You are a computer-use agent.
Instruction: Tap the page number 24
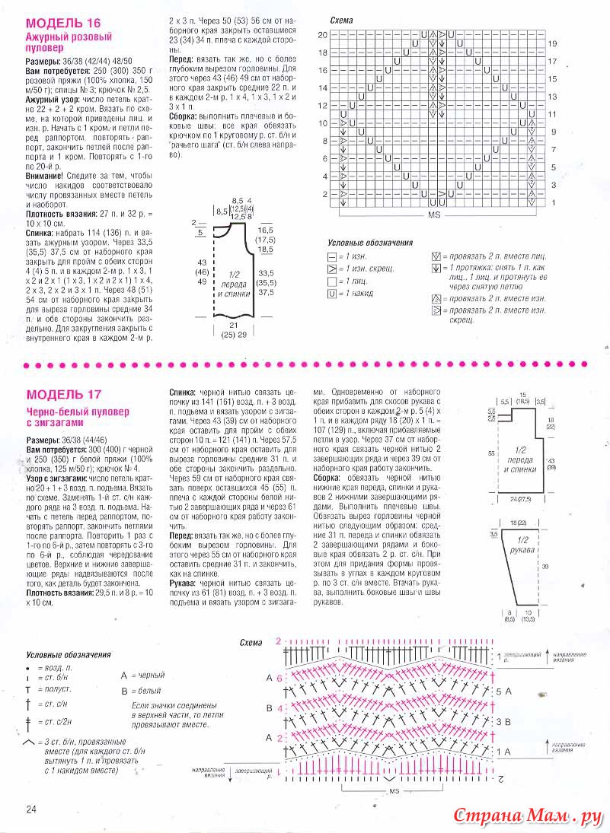tap(33, 808)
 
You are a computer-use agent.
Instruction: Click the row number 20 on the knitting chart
tap(322, 35)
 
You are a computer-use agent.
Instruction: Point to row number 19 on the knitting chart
tap(552, 44)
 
